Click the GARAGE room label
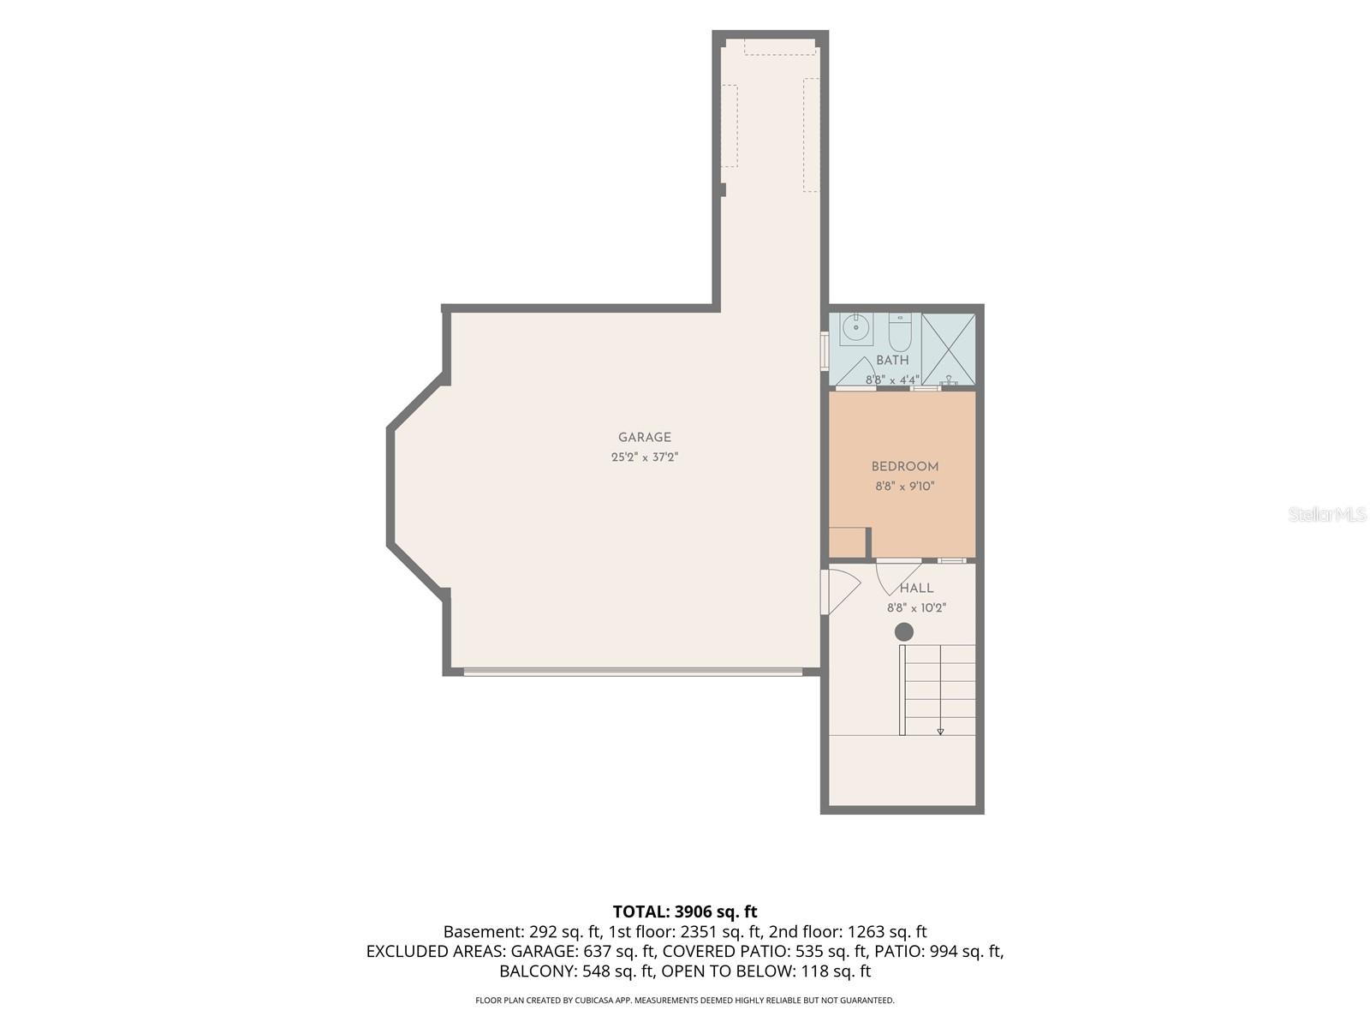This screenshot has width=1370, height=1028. click(x=645, y=438)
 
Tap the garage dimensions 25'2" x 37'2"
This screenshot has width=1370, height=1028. click(x=645, y=457)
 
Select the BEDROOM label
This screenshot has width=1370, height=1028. click(x=905, y=466)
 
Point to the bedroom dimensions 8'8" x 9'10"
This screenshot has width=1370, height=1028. click(x=905, y=487)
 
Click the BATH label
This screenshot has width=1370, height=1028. click(x=892, y=360)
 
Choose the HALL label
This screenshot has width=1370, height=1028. click(x=916, y=588)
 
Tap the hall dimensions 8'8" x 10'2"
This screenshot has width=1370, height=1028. click(x=917, y=608)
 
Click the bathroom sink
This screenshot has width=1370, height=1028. click(x=855, y=329)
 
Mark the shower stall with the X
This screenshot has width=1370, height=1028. click(x=948, y=349)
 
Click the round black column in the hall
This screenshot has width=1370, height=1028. click(x=904, y=632)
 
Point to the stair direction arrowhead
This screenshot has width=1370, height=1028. click(x=940, y=732)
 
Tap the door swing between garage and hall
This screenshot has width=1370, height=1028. click(x=841, y=592)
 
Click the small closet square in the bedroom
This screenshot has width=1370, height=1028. click(x=847, y=542)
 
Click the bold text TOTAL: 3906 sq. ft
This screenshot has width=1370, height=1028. click(x=685, y=911)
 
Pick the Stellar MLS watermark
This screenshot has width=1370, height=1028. click(x=1327, y=514)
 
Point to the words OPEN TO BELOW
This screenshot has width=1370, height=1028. click(x=723, y=971)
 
